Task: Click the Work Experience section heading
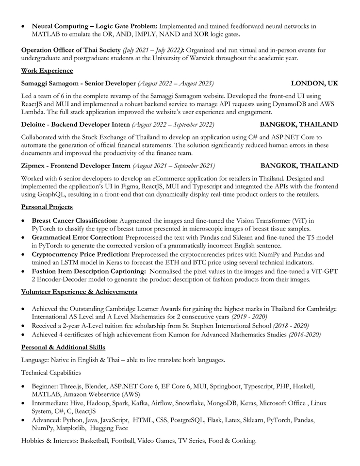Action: [x=47, y=71]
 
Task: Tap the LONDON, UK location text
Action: [x=314, y=83]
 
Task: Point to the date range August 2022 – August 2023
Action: [x=176, y=83]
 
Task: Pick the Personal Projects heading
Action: [x=47, y=207]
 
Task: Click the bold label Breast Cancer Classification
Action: [x=75, y=220]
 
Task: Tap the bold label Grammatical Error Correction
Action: [x=78, y=237]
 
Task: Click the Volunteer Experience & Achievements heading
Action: [x=79, y=292]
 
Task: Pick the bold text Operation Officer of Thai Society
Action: [x=71, y=50]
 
